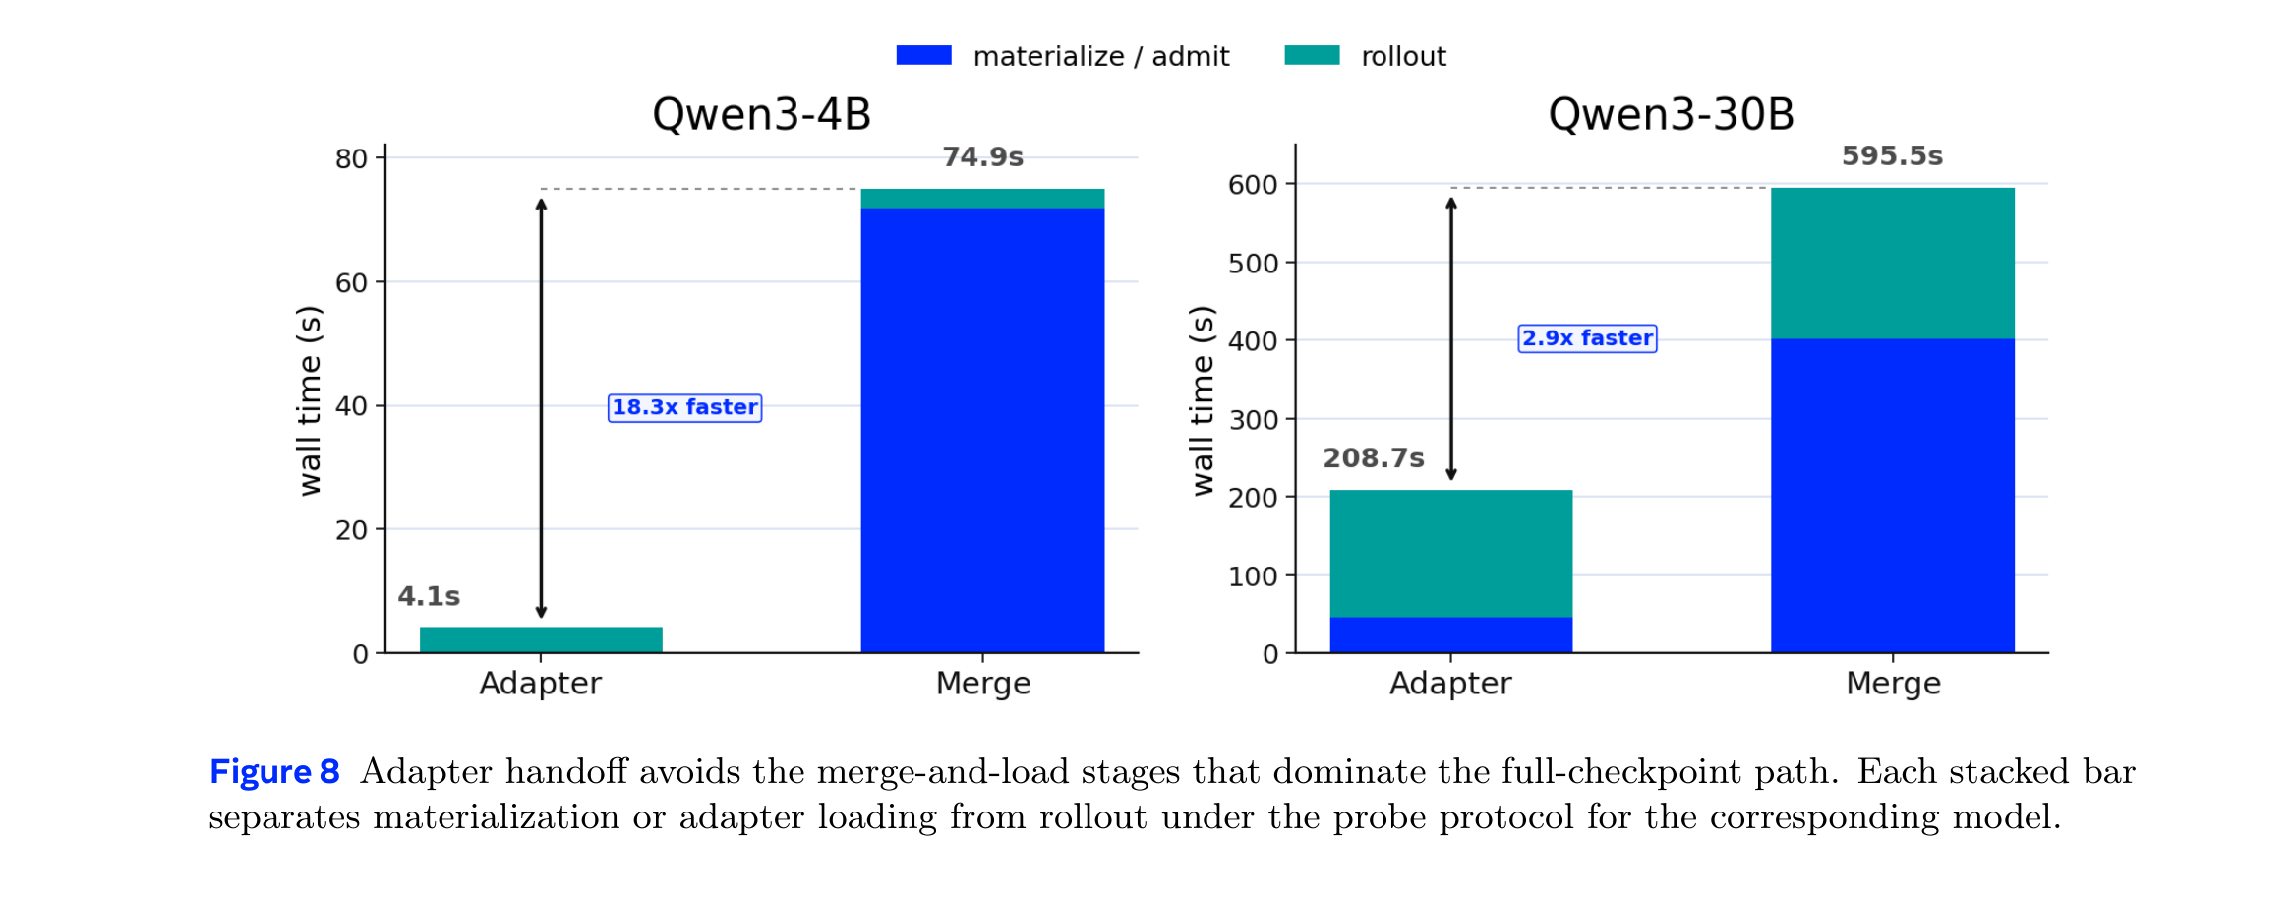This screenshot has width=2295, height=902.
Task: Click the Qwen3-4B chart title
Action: click(x=762, y=115)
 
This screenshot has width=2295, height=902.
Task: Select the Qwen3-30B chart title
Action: click(x=1672, y=115)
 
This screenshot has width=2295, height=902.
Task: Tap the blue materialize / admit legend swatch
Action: click(x=924, y=55)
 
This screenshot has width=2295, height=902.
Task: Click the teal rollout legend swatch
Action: click(x=1312, y=55)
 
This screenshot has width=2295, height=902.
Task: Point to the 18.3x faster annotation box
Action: click(x=685, y=407)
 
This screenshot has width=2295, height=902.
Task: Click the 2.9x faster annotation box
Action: click(x=1587, y=338)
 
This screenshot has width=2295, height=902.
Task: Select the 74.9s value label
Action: click(x=983, y=157)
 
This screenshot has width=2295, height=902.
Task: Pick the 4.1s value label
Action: click(x=429, y=596)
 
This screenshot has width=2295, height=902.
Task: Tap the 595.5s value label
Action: click(x=1893, y=156)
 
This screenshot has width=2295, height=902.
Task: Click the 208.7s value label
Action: click(x=1374, y=458)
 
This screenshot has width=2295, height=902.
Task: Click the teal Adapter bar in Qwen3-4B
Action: click(x=541, y=639)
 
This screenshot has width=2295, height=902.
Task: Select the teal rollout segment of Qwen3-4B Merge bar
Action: click(x=983, y=199)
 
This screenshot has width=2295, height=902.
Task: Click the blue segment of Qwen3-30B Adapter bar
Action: click(x=1451, y=634)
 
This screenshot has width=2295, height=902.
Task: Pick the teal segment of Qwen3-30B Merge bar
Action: click(x=1893, y=264)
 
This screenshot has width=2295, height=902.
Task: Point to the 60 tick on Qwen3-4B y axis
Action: click(x=351, y=283)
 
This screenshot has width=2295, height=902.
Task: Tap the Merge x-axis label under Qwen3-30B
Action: click(x=1894, y=684)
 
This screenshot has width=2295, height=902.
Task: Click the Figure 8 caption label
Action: click(x=274, y=772)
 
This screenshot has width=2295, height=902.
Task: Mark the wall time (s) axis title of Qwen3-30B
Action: click(x=1203, y=401)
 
